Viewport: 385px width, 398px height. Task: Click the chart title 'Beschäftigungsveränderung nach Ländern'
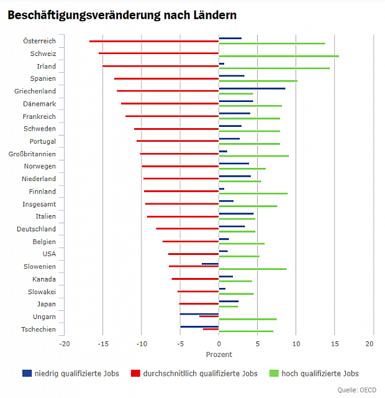122,14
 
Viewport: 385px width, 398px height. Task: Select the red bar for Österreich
154,41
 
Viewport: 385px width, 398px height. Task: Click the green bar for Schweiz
279,56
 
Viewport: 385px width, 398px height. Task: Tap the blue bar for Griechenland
252,88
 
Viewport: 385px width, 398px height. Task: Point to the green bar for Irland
274,68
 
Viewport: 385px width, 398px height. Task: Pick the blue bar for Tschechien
199,326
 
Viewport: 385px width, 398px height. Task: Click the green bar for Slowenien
252,269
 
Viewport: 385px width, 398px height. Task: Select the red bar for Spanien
166,78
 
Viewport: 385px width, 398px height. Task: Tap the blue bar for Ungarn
199,314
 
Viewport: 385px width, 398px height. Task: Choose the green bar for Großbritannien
253,156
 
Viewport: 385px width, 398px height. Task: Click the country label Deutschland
36,229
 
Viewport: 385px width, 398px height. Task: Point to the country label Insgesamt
39,204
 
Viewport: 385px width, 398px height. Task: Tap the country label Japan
46,304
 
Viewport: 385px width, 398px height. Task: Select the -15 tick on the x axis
102,343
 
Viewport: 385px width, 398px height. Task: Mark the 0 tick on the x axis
219,343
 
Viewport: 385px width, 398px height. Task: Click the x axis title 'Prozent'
219,354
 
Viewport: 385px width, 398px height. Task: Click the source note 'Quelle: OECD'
357,390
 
